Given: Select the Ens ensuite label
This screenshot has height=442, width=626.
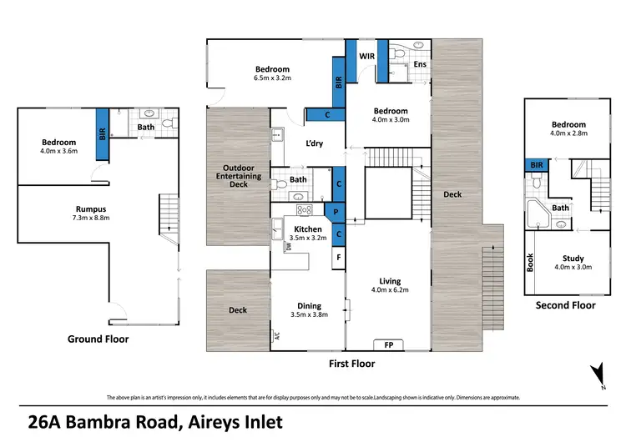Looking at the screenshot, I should pyautogui.click(x=420, y=63).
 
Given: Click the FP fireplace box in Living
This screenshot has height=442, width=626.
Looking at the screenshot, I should pyautogui.click(x=388, y=344).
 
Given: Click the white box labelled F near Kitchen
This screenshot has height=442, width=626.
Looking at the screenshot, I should pyautogui.click(x=338, y=258).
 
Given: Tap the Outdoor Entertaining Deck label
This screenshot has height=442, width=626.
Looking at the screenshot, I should pyautogui.click(x=238, y=176).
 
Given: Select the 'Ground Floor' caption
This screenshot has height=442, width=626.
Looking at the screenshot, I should pyautogui.click(x=99, y=339).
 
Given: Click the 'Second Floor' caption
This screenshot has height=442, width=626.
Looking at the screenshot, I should pyautogui.click(x=565, y=305).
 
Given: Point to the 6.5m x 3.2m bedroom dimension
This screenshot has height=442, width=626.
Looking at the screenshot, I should pyautogui.click(x=272, y=78).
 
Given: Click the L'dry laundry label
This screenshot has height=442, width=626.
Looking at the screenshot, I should pyautogui.click(x=315, y=143).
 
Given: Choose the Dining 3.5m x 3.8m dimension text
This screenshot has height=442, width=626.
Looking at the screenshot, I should pyautogui.click(x=307, y=315).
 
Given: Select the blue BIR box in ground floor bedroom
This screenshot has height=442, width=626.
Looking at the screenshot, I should pyautogui.click(x=102, y=133).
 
